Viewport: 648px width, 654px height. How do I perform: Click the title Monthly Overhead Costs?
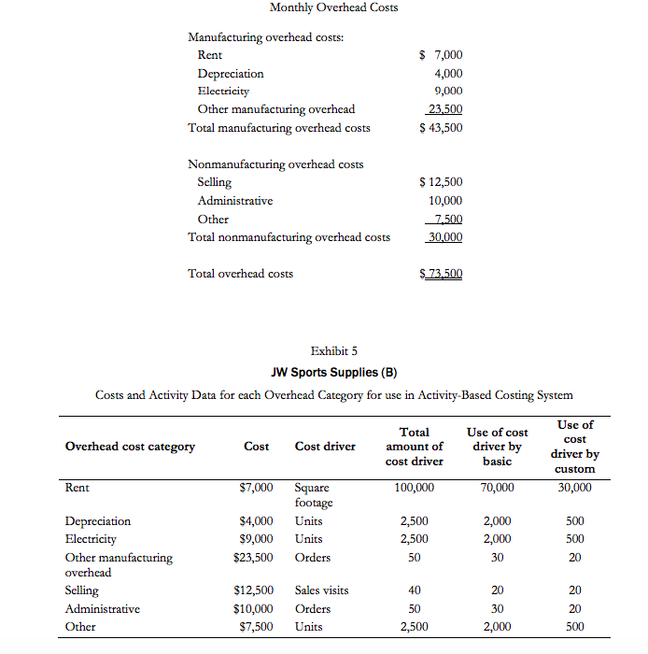333,7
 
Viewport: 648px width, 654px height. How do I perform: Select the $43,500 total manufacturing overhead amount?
441,128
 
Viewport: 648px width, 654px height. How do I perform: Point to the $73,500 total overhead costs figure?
442,274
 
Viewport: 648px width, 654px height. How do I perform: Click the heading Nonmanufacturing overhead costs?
275,164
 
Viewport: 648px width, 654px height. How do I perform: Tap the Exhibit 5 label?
334,351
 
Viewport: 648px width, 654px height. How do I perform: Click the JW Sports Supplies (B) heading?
333,372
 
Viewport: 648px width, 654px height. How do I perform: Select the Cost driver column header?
325,447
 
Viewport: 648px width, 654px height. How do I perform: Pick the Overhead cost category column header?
130,447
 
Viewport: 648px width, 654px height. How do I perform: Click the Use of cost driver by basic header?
497,447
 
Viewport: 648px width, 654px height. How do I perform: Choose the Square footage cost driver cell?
314,494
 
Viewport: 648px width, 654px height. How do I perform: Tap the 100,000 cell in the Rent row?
414,487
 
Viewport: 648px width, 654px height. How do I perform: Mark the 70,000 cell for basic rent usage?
497,487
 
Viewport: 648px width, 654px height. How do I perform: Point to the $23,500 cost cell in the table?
253,558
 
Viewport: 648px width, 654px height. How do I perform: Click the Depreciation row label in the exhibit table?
98,521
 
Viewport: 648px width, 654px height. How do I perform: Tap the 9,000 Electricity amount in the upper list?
448,92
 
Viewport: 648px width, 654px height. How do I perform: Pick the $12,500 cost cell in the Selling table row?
253,590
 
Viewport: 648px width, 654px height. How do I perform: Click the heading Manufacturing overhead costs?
265,37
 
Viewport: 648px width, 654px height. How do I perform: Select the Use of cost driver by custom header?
574,447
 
